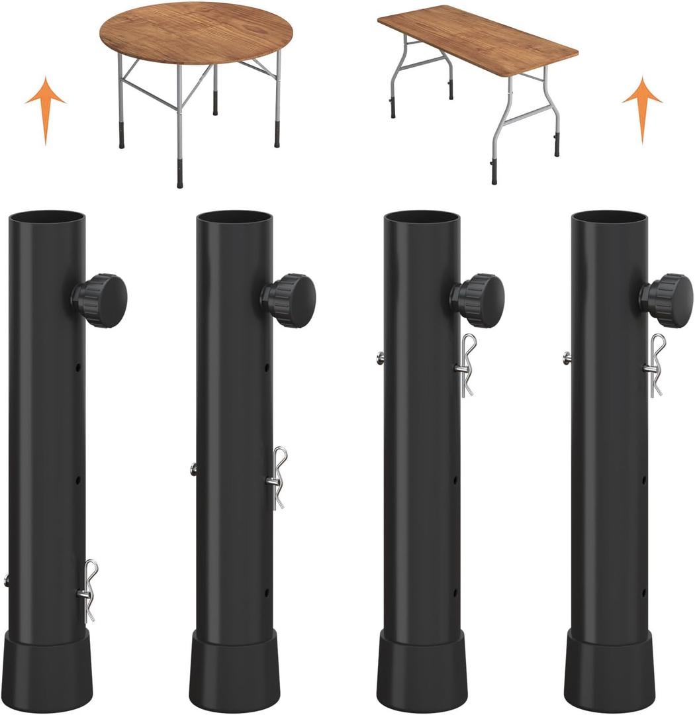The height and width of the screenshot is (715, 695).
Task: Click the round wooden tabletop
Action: pos(197,32)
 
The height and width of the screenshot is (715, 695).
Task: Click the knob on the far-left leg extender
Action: pos(101,301)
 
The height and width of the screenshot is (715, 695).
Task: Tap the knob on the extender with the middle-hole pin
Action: pos(289,301)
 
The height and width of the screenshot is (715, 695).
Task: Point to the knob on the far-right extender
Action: pos(667,301)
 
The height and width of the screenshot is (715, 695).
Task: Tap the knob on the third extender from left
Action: pos(478,301)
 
